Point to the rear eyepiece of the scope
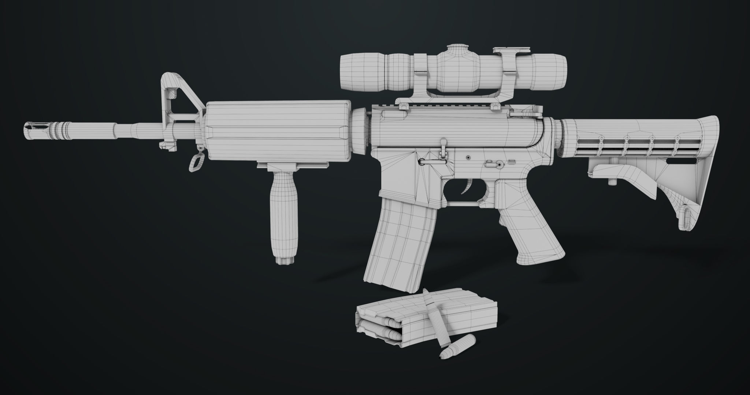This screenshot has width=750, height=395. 549,72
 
